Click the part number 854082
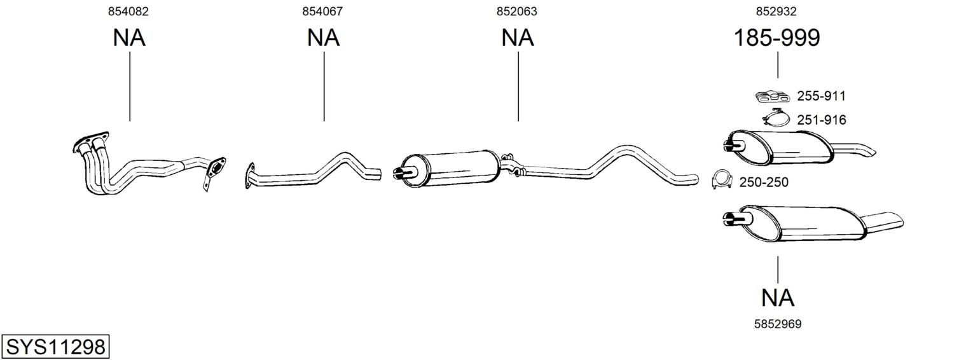(128, 11)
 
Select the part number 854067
(322, 11)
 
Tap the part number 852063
(517, 11)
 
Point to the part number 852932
(776, 11)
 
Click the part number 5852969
(778, 324)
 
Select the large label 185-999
(776, 38)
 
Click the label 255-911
(821, 96)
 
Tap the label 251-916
(822, 120)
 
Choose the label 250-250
(764, 182)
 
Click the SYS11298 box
(55, 347)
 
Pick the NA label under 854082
(129, 38)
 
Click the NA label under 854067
(323, 38)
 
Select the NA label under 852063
(517, 38)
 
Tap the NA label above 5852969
(778, 298)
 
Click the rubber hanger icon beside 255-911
(772, 97)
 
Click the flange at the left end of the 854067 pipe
(249, 176)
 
